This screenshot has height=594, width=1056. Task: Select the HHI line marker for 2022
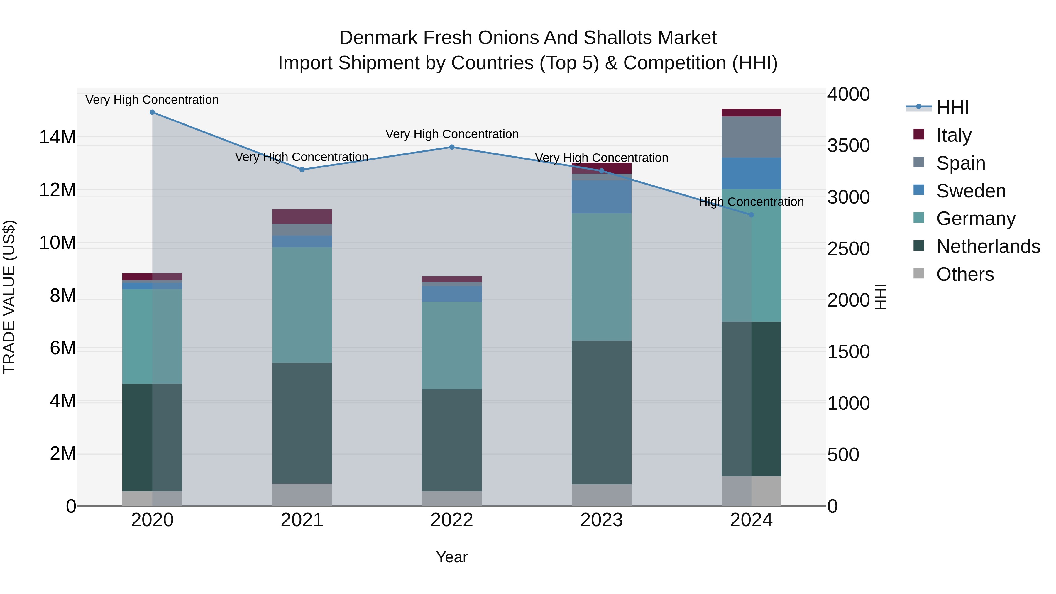(452, 147)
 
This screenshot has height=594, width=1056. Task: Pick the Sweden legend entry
(970, 191)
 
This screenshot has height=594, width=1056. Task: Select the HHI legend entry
(952, 107)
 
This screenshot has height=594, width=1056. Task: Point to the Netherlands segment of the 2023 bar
(601, 412)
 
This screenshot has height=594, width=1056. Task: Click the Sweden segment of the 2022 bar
(452, 294)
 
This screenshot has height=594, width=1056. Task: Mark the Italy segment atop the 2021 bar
(302, 216)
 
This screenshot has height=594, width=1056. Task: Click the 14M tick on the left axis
(57, 137)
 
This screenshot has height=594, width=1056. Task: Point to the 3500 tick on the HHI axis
(848, 145)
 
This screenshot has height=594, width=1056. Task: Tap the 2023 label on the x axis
(601, 520)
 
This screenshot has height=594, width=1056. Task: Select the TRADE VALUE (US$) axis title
(9, 297)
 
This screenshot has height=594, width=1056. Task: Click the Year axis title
(452, 557)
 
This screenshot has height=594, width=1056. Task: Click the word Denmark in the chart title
(378, 38)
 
